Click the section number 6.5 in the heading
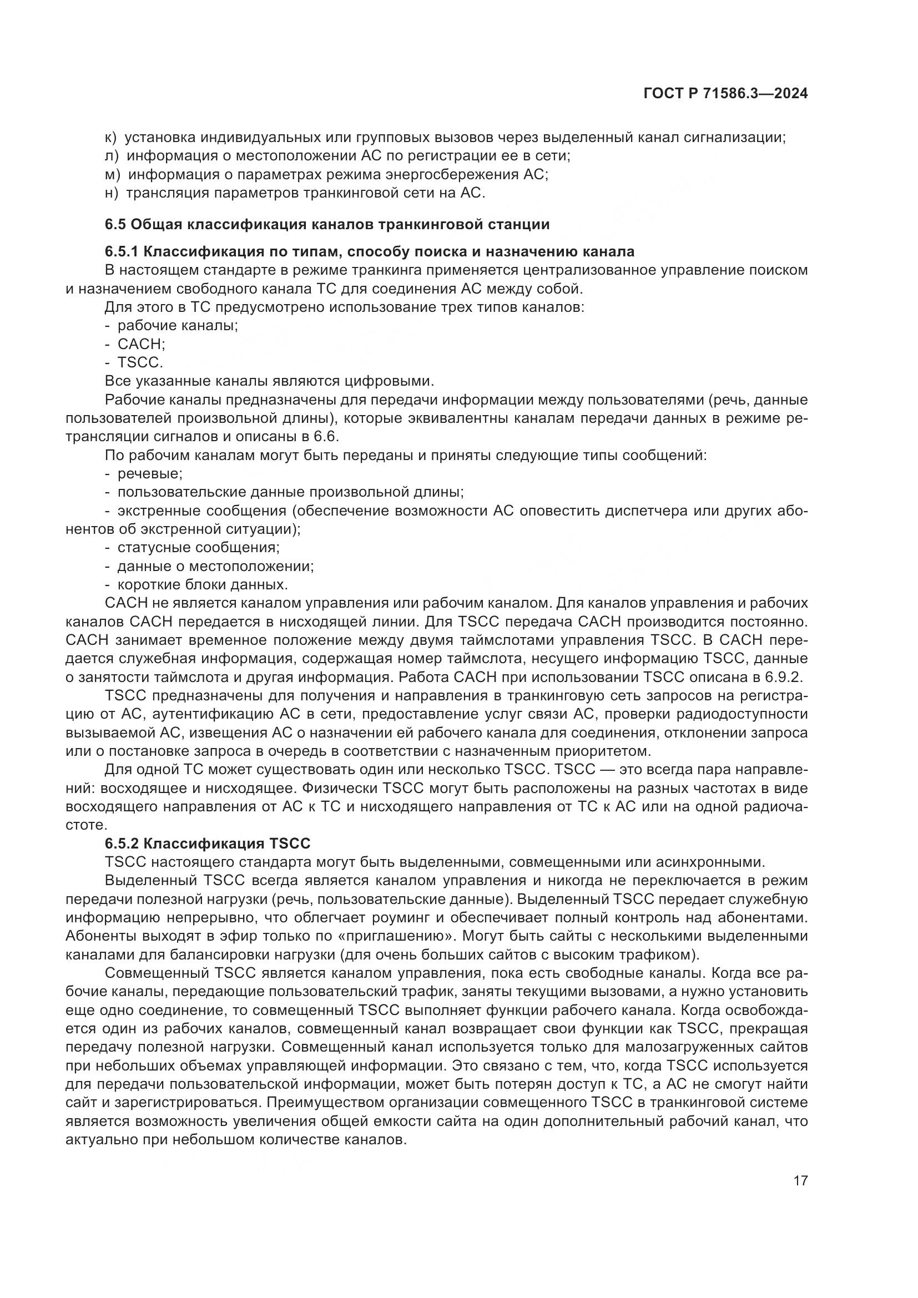click(x=115, y=224)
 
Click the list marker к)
click(x=111, y=138)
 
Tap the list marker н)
click(x=112, y=193)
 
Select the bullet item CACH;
click(x=141, y=344)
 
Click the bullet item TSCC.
click(x=140, y=362)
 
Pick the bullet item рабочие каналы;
click(x=178, y=326)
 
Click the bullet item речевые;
click(x=150, y=474)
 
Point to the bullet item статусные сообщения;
click(x=198, y=547)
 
